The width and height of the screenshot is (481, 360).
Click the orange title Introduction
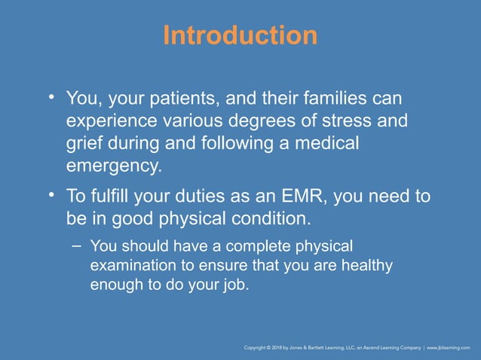(240, 35)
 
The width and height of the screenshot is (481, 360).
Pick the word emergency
(113, 165)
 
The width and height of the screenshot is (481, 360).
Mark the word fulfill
(118, 197)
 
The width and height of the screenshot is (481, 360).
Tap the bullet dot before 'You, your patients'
(52, 98)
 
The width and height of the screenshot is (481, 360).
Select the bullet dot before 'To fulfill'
(52, 197)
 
